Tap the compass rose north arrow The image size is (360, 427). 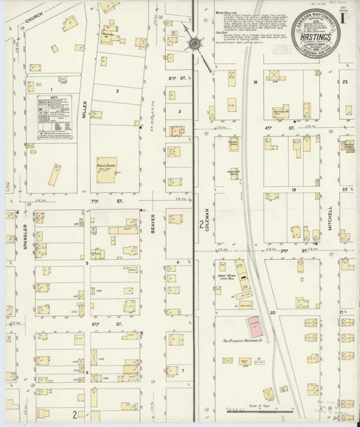(x=194, y=43)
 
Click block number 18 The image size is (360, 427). (x=254, y=83)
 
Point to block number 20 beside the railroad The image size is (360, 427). (x=272, y=312)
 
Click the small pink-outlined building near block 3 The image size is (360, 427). (x=176, y=130)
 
